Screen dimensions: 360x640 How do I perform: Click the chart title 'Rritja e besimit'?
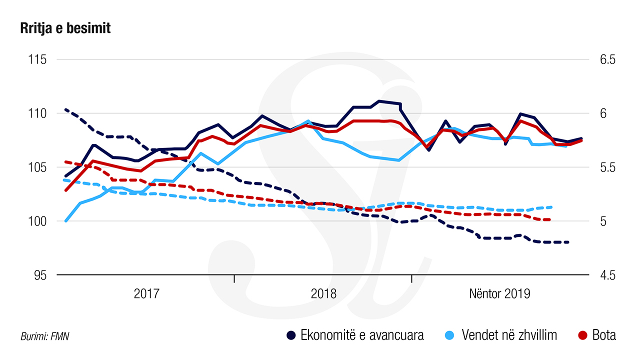(65, 29)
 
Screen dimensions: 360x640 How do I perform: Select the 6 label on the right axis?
(603, 114)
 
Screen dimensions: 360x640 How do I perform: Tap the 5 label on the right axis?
(603, 221)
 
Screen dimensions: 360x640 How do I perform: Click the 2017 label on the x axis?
(146, 293)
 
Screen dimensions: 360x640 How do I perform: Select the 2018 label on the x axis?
(323, 293)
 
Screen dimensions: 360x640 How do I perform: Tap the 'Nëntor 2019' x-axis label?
(499, 293)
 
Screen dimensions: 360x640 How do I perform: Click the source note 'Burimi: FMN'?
(44, 336)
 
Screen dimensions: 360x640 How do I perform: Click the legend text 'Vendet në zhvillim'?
(509, 335)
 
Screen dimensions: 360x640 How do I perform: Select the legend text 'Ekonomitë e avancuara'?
(362, 335)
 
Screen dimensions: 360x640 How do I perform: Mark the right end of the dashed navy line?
(568, 242)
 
